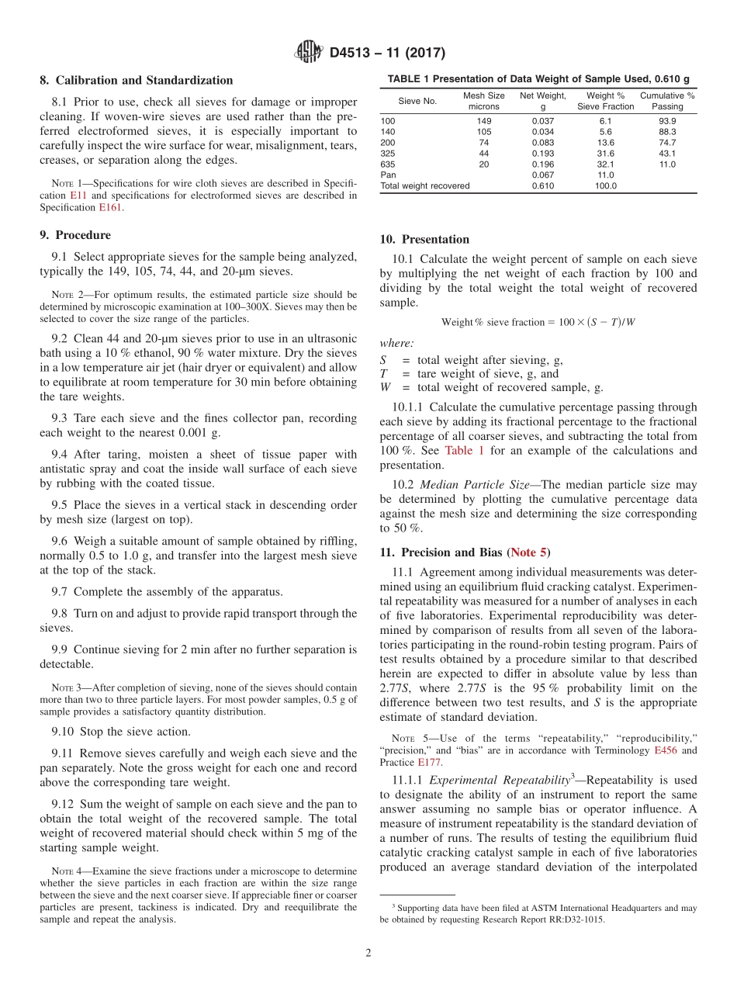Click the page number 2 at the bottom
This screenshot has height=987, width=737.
[x=368, y=952]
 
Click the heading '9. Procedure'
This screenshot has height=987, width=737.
[x=75, y=235]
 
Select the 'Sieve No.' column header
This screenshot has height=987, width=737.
[x=417, y=101]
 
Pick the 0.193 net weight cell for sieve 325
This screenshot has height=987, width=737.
[x=543, y=154]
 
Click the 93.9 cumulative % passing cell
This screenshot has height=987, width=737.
[x=666, y=121]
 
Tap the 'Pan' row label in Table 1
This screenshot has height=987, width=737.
[x=388, y=175]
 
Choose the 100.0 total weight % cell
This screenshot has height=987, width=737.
[x=605, y=186]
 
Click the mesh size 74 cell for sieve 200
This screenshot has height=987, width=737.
[x=483, y=143]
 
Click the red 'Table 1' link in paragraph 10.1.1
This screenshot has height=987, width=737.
[x=465, y=451]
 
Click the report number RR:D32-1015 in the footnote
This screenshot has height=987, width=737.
[x=568, y=919]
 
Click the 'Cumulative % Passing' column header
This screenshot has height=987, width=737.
[x=666, y=101]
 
